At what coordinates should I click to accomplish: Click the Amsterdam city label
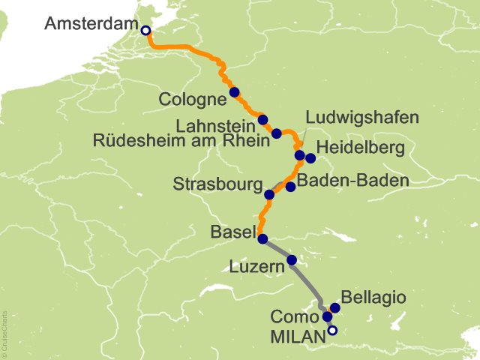[89, 23]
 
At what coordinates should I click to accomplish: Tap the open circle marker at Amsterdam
[145, 31]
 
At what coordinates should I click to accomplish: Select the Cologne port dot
[234, 92]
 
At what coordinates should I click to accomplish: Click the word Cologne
[193, 100]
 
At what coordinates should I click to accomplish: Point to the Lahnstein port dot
[262, 119]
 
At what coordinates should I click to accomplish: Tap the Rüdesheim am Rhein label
[180, 139]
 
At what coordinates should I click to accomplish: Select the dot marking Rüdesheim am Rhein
[276, 133]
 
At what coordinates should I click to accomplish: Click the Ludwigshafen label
[361, 118]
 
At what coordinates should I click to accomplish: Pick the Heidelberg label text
[361, 148]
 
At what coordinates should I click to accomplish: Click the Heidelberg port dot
[310, 158]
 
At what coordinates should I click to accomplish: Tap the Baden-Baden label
[352, 181]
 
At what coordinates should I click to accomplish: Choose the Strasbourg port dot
[269, 194]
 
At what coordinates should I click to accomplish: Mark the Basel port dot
[262, 239]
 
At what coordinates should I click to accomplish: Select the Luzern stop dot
[292, 260]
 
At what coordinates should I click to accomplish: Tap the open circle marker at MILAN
[332, 330]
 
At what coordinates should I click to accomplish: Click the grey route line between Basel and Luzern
[277, 250]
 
